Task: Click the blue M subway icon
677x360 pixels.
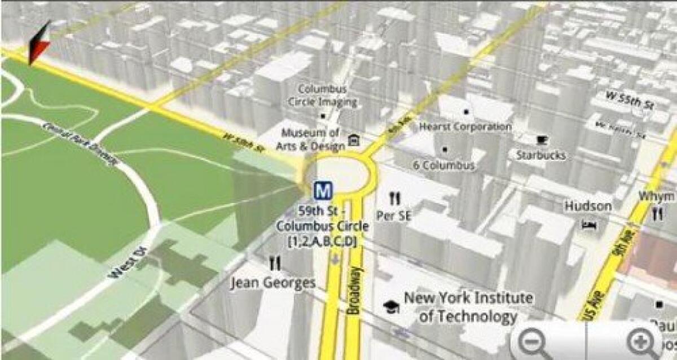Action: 323,191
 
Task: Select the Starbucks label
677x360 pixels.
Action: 540,155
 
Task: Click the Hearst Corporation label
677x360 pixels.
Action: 465,127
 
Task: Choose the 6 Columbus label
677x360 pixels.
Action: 443,165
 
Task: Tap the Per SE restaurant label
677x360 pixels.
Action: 394,216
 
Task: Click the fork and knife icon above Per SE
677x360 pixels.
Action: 394,198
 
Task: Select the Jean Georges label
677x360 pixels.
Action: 273,282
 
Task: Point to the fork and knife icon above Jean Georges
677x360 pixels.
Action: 275,262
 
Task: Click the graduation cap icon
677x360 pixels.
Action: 390,306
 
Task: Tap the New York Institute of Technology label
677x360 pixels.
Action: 468,306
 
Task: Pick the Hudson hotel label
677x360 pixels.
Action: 588,206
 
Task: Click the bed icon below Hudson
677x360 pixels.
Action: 588,225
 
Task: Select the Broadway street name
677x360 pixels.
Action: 354,291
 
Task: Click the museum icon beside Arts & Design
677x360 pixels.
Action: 354,139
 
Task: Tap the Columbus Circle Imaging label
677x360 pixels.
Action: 323,95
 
